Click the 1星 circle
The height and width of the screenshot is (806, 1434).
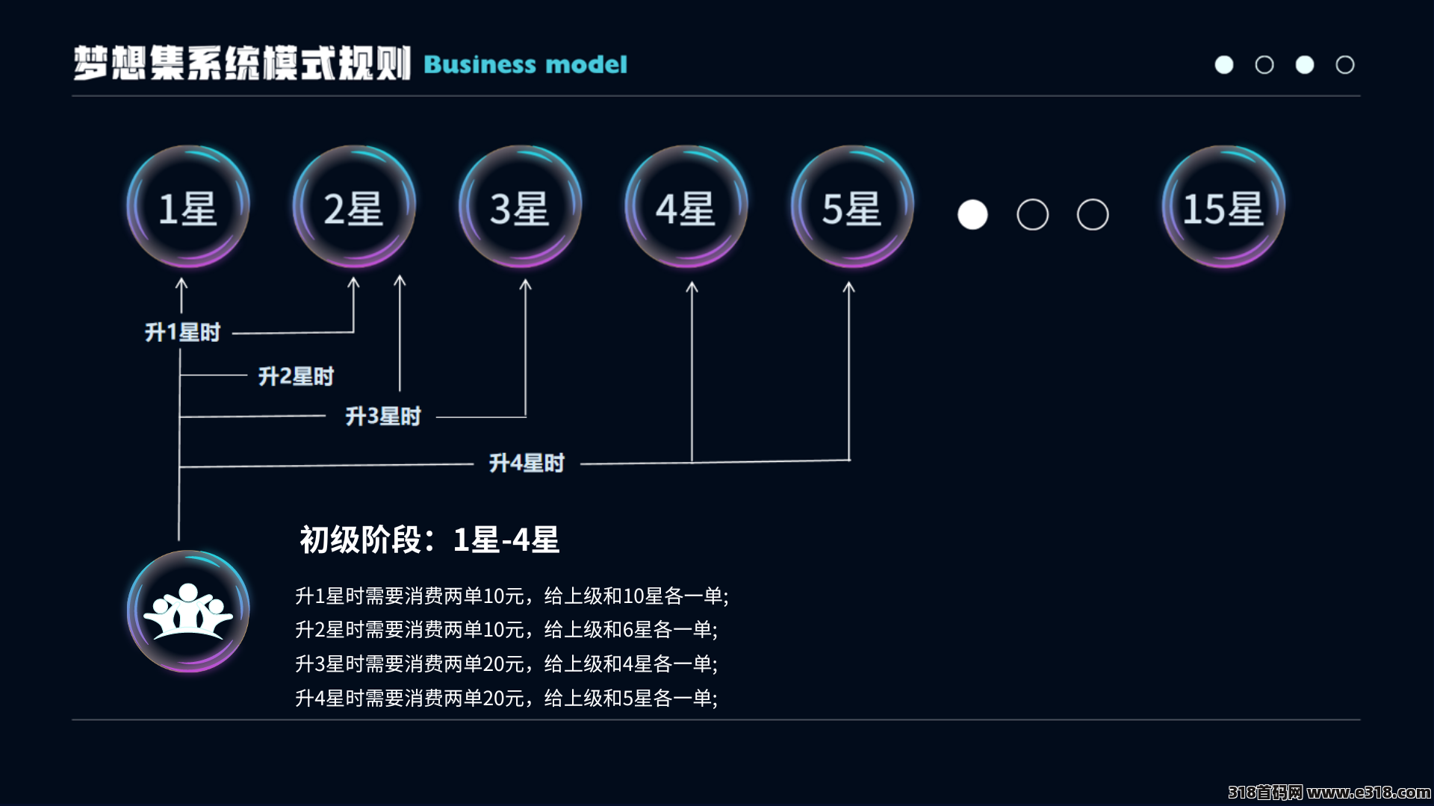[x=188, y=207]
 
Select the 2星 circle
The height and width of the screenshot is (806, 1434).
[x=354, y=207]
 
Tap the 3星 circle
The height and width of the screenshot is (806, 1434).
[x=521, y=207]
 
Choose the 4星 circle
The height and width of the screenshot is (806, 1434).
[x=686, y=207]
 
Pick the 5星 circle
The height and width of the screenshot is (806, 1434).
[x=852, y=207]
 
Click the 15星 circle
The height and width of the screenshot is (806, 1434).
[x=1223, y=207]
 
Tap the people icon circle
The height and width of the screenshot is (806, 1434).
[x=188, y=611]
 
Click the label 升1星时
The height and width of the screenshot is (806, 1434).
[x=183, y=332]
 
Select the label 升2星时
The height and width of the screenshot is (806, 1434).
[x=297, y=376]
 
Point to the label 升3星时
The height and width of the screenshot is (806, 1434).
[x=383, y=416]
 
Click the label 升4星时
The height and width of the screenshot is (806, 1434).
[x=527, y=463]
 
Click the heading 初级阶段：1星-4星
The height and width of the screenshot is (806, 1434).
[x=429, y=540]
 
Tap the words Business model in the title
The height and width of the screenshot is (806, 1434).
[x=526, y=64]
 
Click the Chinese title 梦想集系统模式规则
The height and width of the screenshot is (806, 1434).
[x=242, y=63]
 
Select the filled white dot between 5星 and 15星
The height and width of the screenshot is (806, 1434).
[x=972, y=215]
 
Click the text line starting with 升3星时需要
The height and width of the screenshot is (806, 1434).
[x=506, y=663]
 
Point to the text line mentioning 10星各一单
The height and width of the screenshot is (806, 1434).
[x=512, y=596]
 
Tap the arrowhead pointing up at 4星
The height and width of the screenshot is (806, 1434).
[x=692, y=287]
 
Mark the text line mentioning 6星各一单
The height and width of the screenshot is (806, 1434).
[x=506, y=629]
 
